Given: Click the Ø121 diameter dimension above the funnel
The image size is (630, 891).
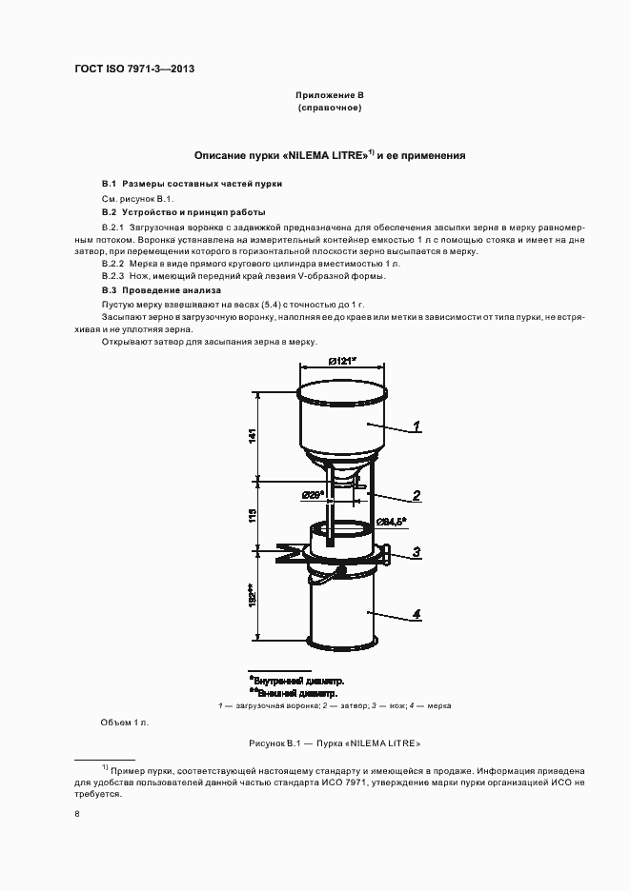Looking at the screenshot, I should point(341,361).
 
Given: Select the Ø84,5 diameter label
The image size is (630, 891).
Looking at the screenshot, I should point(391,521).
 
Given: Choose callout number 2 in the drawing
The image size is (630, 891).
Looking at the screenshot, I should point(417,495).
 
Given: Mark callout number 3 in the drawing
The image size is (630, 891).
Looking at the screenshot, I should point(417,552).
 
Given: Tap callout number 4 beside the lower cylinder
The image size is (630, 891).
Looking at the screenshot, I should point(417,614).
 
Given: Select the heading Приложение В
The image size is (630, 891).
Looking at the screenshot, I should point(329,96).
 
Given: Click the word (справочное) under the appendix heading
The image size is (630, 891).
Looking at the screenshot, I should point(329,109).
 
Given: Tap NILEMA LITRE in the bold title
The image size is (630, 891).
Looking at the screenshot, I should point(321,154).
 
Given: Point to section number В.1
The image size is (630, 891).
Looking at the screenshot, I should point(109,183).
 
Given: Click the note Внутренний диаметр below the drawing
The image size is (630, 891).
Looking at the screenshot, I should point(297,682).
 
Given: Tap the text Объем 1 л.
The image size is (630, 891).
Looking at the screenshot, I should point(125,722).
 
